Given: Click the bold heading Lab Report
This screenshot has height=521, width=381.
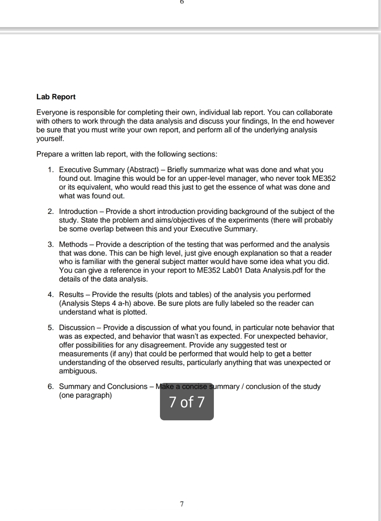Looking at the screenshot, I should [56, 97].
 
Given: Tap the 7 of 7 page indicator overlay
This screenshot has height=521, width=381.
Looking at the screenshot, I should [187, 402].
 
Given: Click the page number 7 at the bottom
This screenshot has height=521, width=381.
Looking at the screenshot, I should [182, 504].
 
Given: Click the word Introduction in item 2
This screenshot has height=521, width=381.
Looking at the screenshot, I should [78, 211].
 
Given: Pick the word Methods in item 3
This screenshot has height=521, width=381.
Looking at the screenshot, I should [73, 244].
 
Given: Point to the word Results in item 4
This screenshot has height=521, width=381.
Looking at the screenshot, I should [71, 294].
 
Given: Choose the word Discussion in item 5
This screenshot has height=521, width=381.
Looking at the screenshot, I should [77, 328].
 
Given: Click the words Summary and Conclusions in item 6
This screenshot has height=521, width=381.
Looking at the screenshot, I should [103, 387].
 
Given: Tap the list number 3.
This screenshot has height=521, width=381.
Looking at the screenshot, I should [51, 244].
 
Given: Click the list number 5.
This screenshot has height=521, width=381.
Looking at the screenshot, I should [51, 328].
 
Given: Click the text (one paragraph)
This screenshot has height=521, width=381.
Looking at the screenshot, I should [85, 396].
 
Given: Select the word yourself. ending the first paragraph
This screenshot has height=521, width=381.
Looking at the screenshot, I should [50, 138].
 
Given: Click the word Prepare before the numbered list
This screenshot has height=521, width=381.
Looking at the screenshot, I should [49, 154].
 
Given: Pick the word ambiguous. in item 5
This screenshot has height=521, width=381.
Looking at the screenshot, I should [78, 371].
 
